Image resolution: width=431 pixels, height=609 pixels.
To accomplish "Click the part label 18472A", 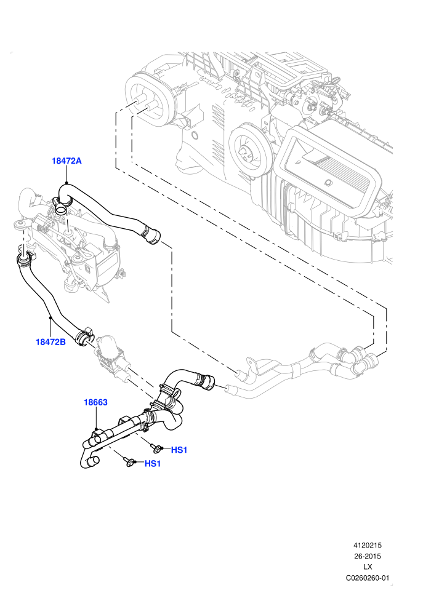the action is (x=66, y=161).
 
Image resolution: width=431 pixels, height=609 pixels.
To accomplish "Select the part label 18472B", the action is (x=50, y=342).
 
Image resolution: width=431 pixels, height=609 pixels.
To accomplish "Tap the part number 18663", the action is (x=95, y=402).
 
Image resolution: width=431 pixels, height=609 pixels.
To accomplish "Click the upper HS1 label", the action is (x=180, y=450).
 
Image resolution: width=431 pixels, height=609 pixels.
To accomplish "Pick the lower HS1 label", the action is (x=153, y=463).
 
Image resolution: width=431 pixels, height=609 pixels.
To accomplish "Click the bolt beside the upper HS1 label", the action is (x=156, y=449).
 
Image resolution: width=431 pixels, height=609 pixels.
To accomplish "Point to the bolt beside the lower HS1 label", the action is (x=129, y=462).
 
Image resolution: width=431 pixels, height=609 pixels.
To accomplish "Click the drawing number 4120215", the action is (x=367, y=545).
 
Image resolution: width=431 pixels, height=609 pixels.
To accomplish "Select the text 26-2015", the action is (x=367, y=556).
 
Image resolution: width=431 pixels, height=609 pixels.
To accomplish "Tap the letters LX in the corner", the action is (x=368, y=567).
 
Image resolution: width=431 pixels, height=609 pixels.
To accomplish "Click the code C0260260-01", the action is (x=368, y=578).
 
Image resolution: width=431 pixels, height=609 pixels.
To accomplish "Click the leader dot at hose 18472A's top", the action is (x=66, y=183).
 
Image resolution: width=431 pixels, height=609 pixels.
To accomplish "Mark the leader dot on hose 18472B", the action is (x=50, y=318).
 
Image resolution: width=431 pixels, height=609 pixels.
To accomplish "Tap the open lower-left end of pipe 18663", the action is (x=93, y=461).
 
